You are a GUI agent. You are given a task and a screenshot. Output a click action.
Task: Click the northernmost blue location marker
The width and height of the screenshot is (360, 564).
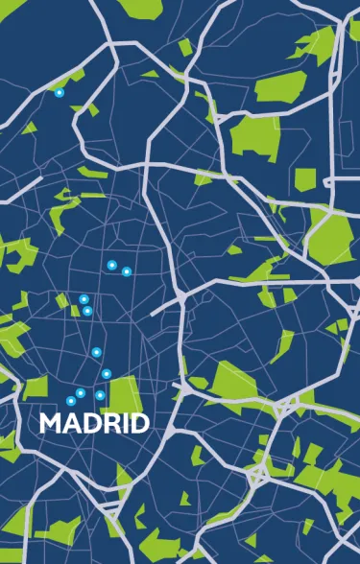[59, 93]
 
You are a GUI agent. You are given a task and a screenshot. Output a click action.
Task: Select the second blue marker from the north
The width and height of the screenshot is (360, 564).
[112, 265]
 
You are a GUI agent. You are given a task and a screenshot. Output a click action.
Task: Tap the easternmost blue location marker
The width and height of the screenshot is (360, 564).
[127, 271]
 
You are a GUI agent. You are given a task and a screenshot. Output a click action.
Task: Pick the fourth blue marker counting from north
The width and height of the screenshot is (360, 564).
[84, 299]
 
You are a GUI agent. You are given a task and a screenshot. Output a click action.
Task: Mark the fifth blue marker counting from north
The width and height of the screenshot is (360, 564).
[87, 311]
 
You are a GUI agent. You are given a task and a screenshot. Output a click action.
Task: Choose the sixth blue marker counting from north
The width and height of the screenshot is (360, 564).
[97, 352]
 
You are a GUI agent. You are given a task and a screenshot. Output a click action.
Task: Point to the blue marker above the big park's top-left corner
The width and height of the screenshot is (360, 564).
[107, 373]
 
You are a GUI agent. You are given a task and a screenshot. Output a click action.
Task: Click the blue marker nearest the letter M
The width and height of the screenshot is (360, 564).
[71, 400]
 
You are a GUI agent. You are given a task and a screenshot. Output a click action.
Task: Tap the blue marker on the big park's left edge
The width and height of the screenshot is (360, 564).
[100, 395]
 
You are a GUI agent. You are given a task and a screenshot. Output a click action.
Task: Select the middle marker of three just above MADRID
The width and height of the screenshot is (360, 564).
[81, 393]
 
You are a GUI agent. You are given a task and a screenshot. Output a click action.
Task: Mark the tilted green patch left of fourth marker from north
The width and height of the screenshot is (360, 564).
[61, 300]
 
